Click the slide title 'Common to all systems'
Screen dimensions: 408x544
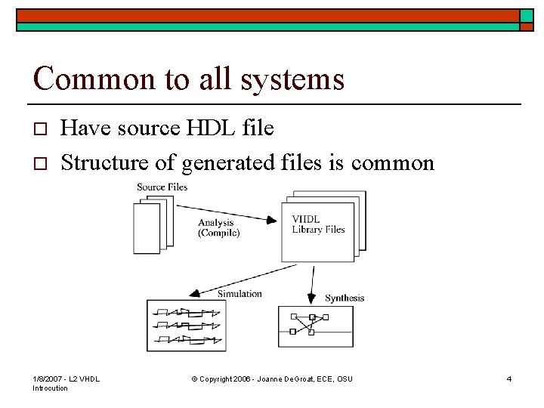[x=189, y=79]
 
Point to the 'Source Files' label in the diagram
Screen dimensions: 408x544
[x=162, y=187]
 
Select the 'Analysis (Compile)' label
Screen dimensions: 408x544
[x=219, y=227]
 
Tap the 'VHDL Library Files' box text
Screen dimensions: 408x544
[x=318, y=224]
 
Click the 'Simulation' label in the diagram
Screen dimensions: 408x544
[x=239, y=293]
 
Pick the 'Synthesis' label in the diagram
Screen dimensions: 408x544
[x=345, y=298]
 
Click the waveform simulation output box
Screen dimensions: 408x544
[x=186, y=326]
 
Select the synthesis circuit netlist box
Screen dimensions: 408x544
[x=315, y=326]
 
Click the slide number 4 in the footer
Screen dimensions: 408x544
[x=509, y=379]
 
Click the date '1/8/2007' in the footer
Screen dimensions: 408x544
[x=48, y=379]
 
